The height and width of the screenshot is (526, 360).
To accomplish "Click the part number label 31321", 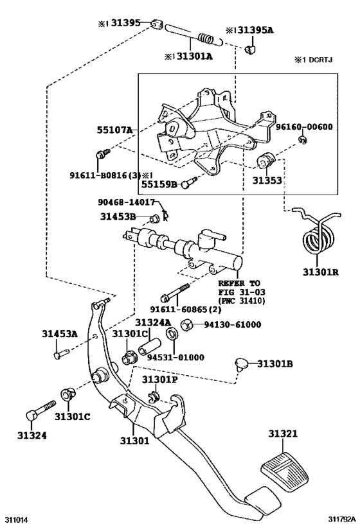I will pyautogui.click(x=283, y=434).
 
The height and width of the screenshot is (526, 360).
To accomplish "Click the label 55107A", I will pyautogui.click(x=115, y=130).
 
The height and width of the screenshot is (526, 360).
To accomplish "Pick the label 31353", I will pyautogui.click(x=266, y=180).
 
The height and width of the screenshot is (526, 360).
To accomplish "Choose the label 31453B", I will pyautogui.click(x=118, y=216).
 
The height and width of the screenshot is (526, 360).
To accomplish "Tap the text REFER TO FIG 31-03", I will pyautogui.click(x=239, y=287).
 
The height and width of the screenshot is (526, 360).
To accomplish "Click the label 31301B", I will pyautogui.click(x=275, y=364).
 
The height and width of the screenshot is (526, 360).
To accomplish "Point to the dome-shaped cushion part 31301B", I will pyautogui.click(x=242, y=364).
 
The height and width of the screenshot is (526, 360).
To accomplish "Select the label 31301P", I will pyautogui.click(x=159, y=380).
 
